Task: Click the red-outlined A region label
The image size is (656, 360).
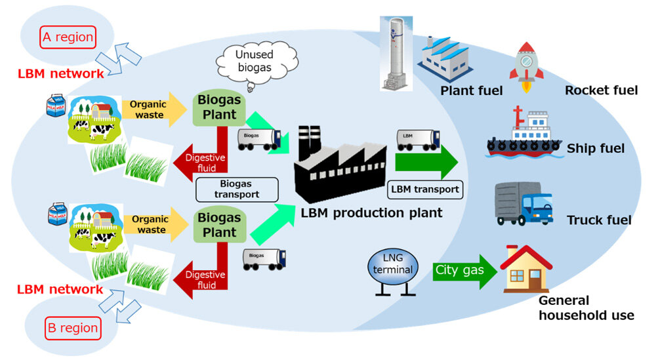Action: [68, 37]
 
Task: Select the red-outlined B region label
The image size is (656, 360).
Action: [73, 329]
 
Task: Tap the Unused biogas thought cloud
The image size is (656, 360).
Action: [256, 64]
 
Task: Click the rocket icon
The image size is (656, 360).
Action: [526, 67]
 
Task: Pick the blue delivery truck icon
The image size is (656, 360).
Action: [523, 204]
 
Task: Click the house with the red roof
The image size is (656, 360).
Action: [526, 269]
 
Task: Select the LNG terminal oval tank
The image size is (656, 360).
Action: [393, 267]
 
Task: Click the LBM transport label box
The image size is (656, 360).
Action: [425, 190]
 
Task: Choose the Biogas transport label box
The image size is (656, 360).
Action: [237, 190]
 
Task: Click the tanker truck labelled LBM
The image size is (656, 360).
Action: [418, 140]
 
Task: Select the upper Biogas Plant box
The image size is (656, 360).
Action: [219, 108]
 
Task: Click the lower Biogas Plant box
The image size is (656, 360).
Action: [220, 226]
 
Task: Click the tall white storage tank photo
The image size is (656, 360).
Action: [396, 54]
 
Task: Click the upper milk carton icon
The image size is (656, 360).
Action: [56, 106]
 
